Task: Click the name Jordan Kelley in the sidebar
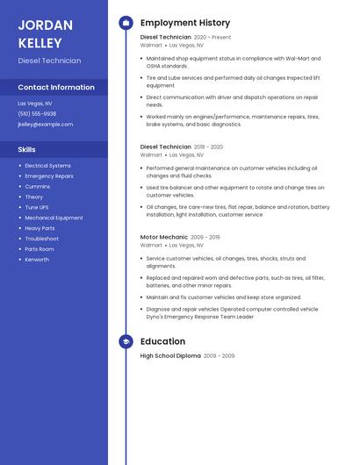[41, 33]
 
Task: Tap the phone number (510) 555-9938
[37, 114]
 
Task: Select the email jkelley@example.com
[46, 125]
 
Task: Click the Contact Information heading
[56, 87]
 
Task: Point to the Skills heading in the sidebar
[26, 150]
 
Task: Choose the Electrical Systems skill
[47, 166]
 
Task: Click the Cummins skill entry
[38, 187]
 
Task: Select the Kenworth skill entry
[37, 260]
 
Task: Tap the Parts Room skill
[40, 249]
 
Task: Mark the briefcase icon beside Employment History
[126, 23]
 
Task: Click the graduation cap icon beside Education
[126, 341]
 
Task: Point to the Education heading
[162, 341]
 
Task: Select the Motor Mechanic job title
[164, 237]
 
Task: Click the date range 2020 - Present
[212, 38]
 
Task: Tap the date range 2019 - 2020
[208, 147]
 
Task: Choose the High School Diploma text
[170, 356]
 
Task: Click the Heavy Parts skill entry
[40, 228]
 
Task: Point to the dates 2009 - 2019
[205, 237]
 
